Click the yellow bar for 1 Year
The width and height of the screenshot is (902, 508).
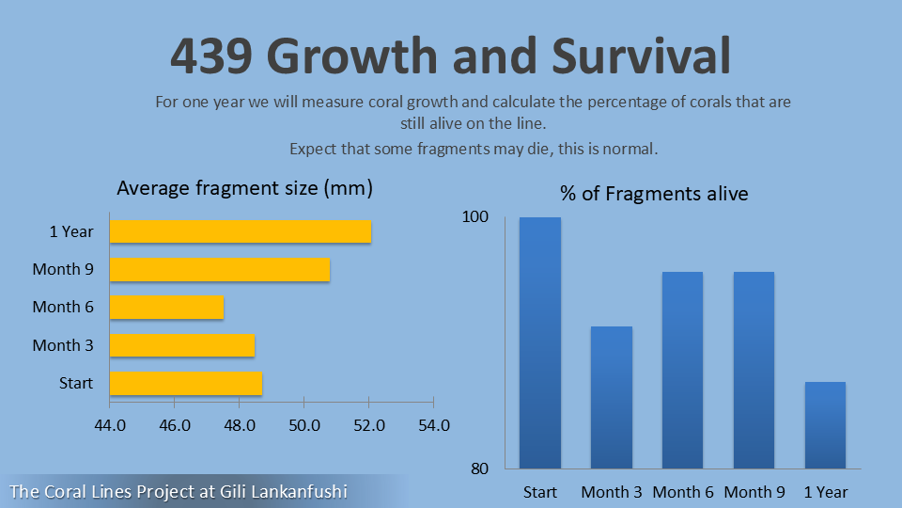pyautogui.click(x=241, y=231)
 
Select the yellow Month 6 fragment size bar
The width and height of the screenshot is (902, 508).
pyautogui.click(x=167, y=307)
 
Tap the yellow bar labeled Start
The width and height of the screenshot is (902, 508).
pyautogui.click(x=186, y=384)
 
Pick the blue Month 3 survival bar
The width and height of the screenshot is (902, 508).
pyautogui.click(x=612, y=397)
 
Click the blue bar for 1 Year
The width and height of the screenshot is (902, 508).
pyautogui.click(x=826, y=425)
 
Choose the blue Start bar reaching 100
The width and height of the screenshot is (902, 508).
pyautogui.click(x=540, y=342)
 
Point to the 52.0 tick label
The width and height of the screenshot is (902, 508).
pyautogui.click(x=369, y=425)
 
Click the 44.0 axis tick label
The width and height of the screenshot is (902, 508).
pyautogui.click(x=110, y=425)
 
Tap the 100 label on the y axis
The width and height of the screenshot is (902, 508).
pyautogui.click(x=475, y=216)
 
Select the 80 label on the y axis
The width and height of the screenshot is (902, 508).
pyautogui.click(x=479, y=468)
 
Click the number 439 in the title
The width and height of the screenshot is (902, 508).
pyautogui.click(x=211, y=56)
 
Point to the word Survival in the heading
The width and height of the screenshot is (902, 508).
pyautogui.click(x=641, y=56)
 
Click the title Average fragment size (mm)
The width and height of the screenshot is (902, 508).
pyautogui.click(x=245, y=188)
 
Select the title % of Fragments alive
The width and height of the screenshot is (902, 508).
pyautogui.click(x=654, y=194)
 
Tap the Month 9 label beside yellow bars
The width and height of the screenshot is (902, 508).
pyautogui.click(x=63, y=269)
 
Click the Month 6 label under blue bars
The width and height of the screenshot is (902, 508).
pyautogui.click(x=683, y=492)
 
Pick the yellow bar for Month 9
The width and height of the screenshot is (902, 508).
pyautogui.click(x=220, y=270)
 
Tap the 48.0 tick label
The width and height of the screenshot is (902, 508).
pyautogui.click(x=240, y=425)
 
